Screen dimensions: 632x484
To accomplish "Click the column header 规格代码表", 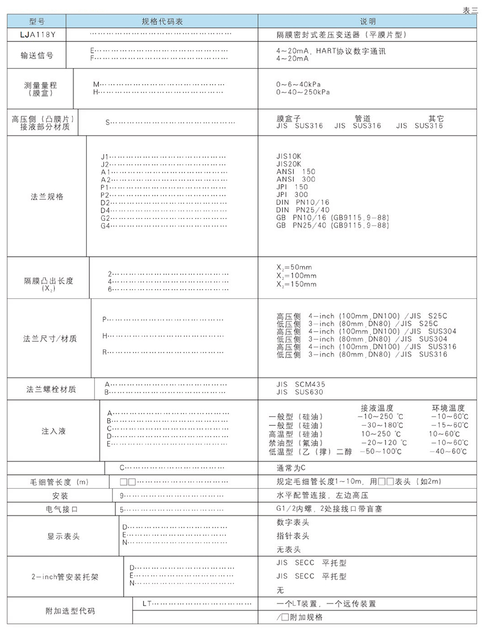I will point(162,22).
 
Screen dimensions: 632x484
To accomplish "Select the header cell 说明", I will point(368,22).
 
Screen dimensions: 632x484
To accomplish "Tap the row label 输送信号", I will point(37,55).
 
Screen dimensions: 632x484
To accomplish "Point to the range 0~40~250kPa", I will point(303,92).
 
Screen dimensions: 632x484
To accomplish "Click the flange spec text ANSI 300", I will point(296,179).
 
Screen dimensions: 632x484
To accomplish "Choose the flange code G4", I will point(105,226).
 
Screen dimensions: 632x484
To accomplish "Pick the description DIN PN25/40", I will point(303,210).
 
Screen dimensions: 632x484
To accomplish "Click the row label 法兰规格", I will point(47,196).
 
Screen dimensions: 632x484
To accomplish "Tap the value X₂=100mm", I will point(296,276).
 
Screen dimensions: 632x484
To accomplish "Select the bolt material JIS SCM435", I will point(301,384).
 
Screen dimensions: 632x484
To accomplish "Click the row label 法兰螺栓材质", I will point(51,389).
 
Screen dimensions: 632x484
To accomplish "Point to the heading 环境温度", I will point(448,408).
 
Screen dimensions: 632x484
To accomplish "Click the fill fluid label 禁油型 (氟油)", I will point(296,443).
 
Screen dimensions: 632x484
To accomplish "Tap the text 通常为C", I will point(290,467).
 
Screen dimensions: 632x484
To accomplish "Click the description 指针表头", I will point(293,536).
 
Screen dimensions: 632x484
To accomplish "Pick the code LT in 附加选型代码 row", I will point(146,603).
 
